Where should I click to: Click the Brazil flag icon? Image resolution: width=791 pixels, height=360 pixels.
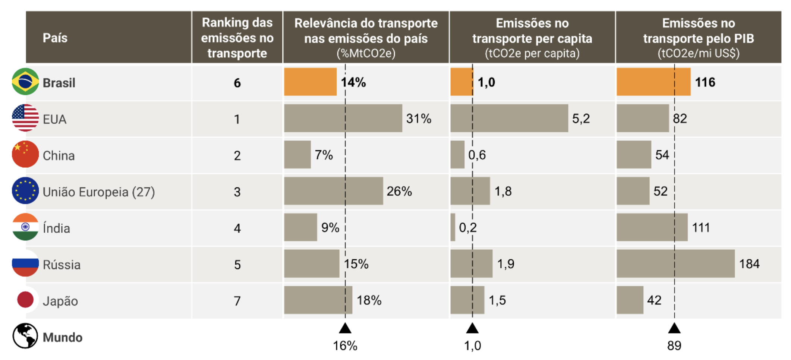point(25,82)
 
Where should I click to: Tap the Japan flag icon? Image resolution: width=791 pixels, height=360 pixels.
point(25,300)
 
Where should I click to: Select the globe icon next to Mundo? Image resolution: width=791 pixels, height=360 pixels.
point(25,336)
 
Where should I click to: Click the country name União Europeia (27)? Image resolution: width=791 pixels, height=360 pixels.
point(98,192)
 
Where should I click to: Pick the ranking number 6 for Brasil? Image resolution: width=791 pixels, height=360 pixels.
point(237,83)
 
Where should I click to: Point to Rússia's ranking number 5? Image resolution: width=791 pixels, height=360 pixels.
point(237,265)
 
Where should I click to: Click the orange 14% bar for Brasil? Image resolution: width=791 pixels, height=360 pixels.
point(310,82)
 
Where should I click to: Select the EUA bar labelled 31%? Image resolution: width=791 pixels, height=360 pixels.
point(343,118)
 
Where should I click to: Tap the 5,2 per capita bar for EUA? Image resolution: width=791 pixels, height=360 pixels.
point(509,118)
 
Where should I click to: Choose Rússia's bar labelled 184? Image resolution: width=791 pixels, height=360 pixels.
point(675,264)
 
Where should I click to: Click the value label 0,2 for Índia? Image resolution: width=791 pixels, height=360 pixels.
point(468,227)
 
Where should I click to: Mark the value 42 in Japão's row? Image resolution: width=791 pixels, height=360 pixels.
point(654,300)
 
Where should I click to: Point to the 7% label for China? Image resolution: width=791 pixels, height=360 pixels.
point(324,155)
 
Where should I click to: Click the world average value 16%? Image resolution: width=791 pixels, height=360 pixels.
point(345,346)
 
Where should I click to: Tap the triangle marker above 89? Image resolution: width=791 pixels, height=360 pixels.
point(674,328)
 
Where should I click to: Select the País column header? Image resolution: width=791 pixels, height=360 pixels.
point(55,38)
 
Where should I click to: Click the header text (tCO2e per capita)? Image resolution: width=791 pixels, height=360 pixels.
point(532,54)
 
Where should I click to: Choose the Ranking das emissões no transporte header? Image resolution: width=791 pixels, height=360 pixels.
point(237,38)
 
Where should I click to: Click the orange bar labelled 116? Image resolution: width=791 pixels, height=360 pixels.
point(653,82)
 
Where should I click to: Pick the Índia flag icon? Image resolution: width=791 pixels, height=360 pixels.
point(25,227)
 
